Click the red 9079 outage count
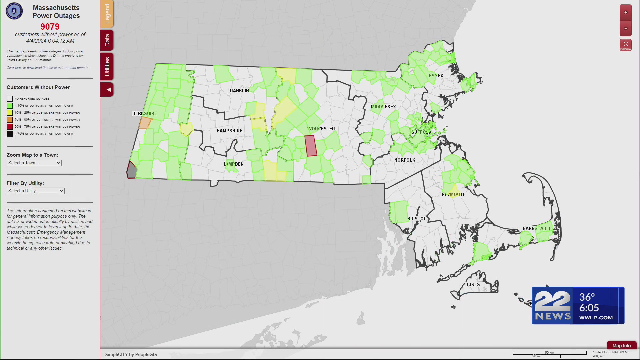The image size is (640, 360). coord(50,27)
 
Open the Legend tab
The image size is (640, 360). coord(107,14)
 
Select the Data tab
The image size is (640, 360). coord(107,40)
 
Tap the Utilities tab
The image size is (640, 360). coord(107,66)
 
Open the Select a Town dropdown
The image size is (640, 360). coord(34,163)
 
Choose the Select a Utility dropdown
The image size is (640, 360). coord(35,191)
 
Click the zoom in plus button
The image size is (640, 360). coord(626,13)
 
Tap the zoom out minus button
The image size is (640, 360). coord(626,29)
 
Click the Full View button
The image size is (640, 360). coord(626,45)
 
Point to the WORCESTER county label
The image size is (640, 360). coord(321,129)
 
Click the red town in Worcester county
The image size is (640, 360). coord(311,146)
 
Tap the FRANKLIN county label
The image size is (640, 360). coord(238,91)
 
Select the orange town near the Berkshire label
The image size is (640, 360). coord(145,123)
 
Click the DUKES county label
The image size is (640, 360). coord(472,284)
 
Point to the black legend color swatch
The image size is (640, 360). coord(10,134)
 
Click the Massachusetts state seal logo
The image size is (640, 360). coord(14,11)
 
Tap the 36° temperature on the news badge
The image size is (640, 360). coord(587,297)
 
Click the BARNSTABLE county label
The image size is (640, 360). coord(537,228)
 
